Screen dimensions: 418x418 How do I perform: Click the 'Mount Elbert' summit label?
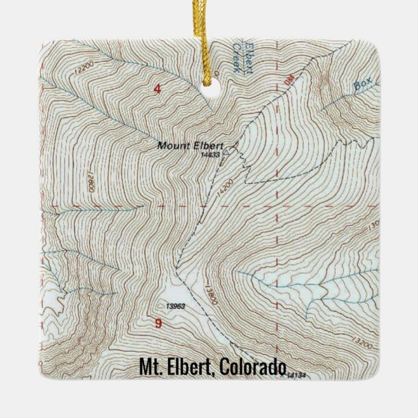click(181, 145)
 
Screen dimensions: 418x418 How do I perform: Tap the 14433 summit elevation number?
click(212, 154)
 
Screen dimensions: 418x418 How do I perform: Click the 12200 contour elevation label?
click(84, 65)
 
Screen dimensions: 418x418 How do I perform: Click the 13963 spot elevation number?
click(176, 305)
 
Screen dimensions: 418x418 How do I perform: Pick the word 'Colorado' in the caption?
click(253, 367)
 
